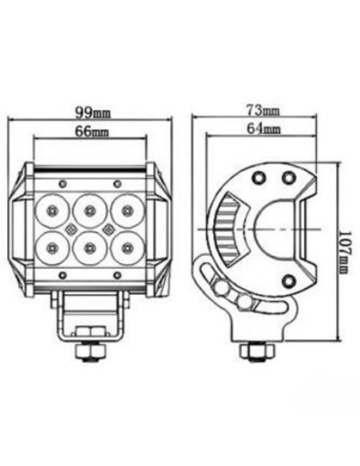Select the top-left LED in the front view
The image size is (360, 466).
pos(52,211)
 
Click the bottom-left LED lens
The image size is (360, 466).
pos(52,246)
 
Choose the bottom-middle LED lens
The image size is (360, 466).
pos(88,247)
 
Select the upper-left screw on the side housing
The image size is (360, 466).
pos(257,176)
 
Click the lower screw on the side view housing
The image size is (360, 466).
pos(288,279)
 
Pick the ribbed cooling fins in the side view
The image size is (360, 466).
pos(225,227)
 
